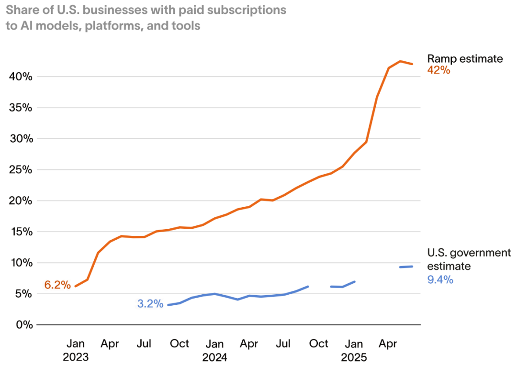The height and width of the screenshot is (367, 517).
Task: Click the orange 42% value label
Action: [438, 70]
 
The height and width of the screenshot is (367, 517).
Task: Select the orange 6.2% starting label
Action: [57, 285]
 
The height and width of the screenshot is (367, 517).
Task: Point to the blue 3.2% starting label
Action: [150, 304]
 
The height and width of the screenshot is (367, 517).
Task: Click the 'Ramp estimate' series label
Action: [465, 59]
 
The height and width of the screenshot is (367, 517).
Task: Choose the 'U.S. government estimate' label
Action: [469, 259]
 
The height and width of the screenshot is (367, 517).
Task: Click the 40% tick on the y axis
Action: [21, 77]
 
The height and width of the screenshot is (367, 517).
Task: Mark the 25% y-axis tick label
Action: [21, 170]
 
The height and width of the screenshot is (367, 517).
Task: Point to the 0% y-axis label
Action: [24, 325]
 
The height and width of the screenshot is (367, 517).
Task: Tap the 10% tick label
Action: [21, 263]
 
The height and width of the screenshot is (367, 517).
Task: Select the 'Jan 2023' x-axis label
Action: [76, 350]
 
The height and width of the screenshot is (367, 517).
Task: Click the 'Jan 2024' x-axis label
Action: [214, 350]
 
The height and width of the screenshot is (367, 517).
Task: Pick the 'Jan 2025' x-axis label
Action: [354, 350]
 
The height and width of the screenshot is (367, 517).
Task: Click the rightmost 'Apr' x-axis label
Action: [388, 344]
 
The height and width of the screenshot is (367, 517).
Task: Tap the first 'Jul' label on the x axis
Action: [145, 344]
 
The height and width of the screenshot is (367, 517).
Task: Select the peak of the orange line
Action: [400, 61]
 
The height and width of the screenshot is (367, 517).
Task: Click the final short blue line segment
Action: [406, 267]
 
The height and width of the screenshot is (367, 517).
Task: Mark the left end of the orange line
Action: [76, 286]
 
